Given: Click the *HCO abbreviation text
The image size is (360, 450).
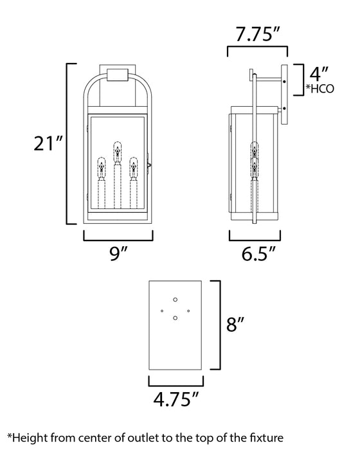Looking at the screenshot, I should tap(320, 89).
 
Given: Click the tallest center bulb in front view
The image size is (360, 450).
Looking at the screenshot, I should tap(118, 152).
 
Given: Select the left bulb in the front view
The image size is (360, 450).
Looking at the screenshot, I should tap(101, 168).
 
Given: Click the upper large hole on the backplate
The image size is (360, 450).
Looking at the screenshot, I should tap(175, 300).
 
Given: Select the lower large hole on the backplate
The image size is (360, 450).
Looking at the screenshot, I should tap(175, 317).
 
